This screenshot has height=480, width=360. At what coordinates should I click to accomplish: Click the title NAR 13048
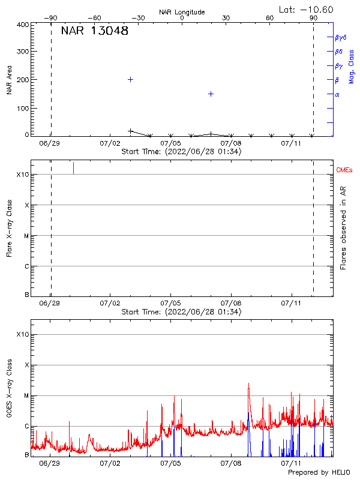[x=95, y=32]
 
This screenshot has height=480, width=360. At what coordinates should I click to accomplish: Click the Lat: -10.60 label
[x=307, y=9]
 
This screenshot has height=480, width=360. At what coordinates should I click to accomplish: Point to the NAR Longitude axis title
[x=182, y=12]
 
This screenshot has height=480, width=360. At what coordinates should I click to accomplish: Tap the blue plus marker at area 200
[x=130, y=79]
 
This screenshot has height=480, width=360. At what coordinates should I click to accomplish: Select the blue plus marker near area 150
[x=211, y=94]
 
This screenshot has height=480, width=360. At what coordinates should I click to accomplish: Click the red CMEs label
[x=345, y=170]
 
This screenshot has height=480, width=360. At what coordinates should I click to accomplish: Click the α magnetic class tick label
[x=337, y=94]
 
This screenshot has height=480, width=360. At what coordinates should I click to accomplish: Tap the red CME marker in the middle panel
[x=73, y=167]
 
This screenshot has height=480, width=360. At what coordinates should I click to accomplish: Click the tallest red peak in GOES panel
[x=248, y=384]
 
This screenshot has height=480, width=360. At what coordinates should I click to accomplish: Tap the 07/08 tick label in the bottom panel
[x=231, y=463]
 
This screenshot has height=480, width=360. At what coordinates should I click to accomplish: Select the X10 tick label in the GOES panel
[x=22, y=334]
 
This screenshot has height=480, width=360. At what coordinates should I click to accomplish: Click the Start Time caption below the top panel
[x=181, y=152]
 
